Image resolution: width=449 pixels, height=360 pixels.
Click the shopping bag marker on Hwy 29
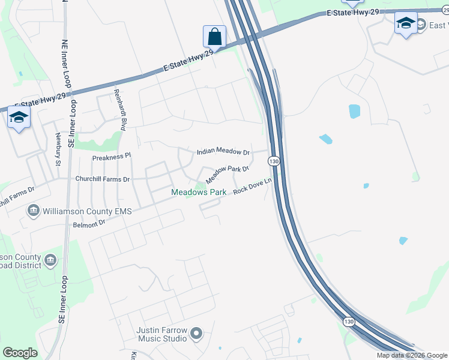pyautogui.click(x=214, y=37)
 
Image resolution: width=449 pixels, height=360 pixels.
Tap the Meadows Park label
pyautogui.click(x=199, y=192)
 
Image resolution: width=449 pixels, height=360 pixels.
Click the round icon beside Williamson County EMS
pyautogui.click(x=34, y=211)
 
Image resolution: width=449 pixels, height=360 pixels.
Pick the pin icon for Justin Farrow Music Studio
pyautogui.click(x=196, y=334)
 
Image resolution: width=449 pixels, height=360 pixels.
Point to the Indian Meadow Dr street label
pyautogui.click(x=223, y=152)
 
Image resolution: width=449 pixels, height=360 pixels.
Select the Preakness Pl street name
pyautogui.click(x=111, y=157)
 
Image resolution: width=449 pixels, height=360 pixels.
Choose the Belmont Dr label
pyautogui.click(x=89, y=223)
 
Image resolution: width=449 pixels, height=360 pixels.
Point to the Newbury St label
pyautogui.click(x=58, y=149)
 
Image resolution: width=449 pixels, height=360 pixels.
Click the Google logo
pyautogui.click(x=20, y=353)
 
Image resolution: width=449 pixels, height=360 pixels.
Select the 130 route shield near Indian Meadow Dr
pyautogui.click(x=274, y=161)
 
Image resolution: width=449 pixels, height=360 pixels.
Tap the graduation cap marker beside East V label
pyautogui.click(x=406, y=23)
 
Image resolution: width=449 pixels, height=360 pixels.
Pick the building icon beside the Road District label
pyautogui.click(x=50, y=260)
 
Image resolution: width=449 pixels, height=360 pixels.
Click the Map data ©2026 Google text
pyautogui.click(x=412, y=355)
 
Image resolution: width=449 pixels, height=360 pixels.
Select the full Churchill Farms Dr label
pyautogui.click(x=102, y=179)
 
